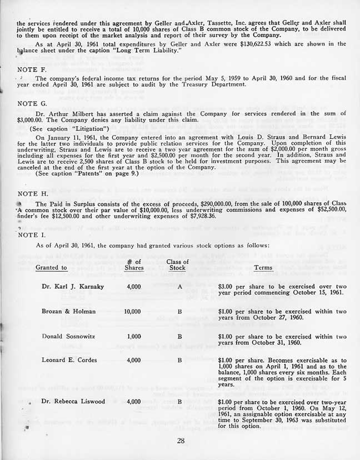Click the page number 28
click(x=179, y=441)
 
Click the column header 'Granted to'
click(x=51, y=268)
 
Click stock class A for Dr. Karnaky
click(x=179, y=287)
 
